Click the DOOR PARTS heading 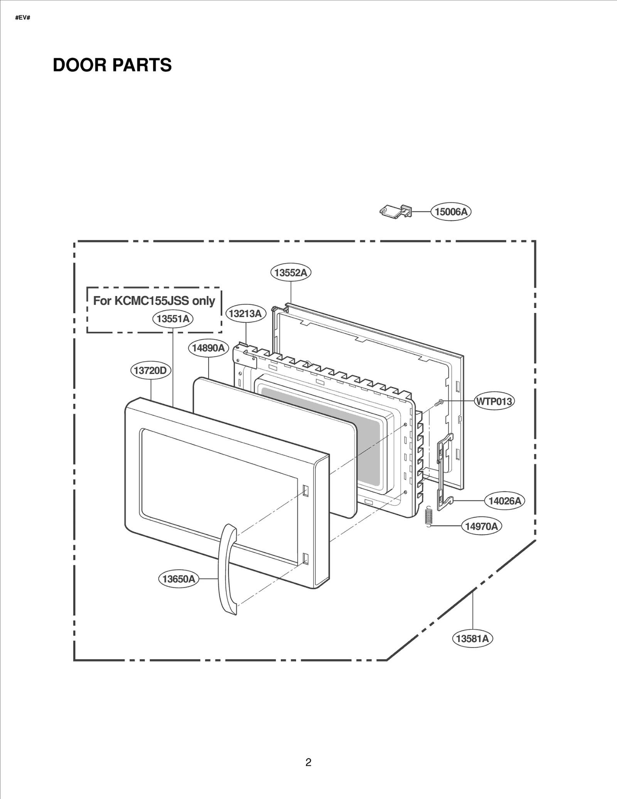pos(112,65)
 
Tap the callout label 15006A pos(451,212)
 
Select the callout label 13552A pos(290,273)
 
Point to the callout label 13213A pos(245,314)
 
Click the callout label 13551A pos(173,319)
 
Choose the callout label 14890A pos(208,348)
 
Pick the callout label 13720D pos(150,371)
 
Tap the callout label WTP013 pos(494,402)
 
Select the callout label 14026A pos(504,501)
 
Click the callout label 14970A pos(481,526)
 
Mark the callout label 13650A pos(179,579)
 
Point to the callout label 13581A pos(472,639)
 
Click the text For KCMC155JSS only pos(154,301)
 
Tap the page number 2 pos(308,762)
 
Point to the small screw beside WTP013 pos(438,403)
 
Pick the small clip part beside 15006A pos(396,211)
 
